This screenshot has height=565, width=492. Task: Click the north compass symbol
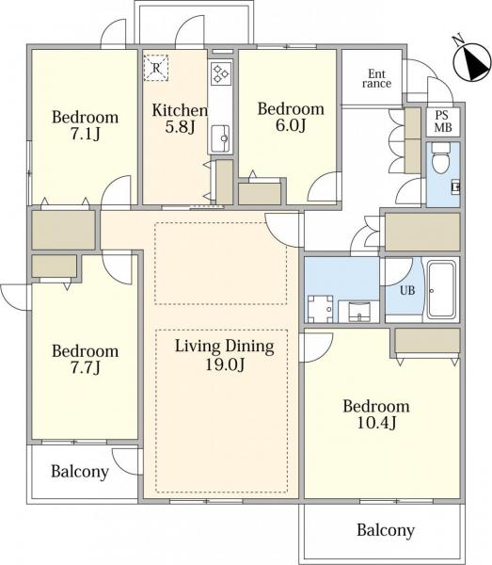[x=472, y=60]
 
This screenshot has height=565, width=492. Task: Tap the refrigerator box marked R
[x=156, y=68]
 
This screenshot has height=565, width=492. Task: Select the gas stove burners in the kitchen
[x=221, y=73]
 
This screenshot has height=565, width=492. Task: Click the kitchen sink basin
[x=220, y=138]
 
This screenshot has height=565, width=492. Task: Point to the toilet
[x=441, y=158]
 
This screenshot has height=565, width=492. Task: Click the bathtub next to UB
[x=442, y=290]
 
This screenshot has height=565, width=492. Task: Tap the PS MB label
[x=442, y=121]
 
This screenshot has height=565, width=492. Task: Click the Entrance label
[x=377, y=79]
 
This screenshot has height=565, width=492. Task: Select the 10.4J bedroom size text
[x=376, y=423]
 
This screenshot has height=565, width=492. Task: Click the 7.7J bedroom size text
[x=85, y=368]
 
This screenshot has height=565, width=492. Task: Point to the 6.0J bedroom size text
[x=291, y=125]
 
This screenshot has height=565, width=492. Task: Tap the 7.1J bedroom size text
[x=85, y=134]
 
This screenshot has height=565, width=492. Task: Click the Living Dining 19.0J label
[x=225, y=355]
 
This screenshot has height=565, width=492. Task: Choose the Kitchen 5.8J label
[x=180, y=119]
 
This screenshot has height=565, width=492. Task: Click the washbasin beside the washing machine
[x=359, y=312]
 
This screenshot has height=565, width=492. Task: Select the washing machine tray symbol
[x=321, y=309]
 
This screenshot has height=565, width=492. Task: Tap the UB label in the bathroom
[x=407, y=290]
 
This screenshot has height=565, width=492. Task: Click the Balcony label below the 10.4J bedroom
[x=386, y=530]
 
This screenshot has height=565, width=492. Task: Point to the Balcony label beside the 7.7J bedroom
[x=80, y=472]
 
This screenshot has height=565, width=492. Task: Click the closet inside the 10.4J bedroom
[x=428, y=341]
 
